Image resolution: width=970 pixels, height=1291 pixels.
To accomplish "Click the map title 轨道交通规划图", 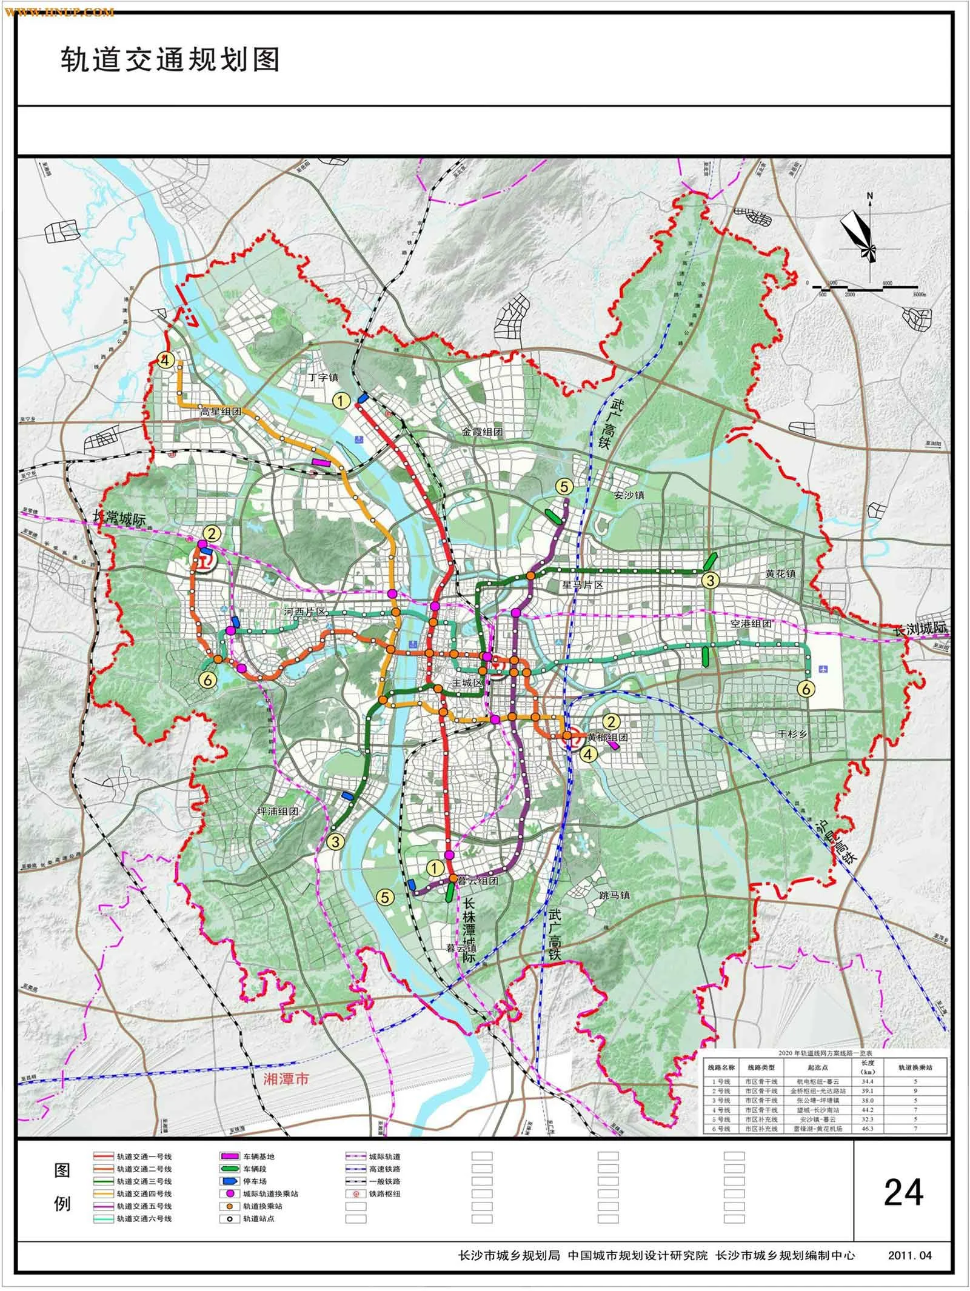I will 170,61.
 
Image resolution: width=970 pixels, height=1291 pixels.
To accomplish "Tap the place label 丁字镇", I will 323,377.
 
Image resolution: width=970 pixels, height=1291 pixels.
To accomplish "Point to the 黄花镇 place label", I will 781,573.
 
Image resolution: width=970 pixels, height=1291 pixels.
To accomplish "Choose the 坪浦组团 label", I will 278,812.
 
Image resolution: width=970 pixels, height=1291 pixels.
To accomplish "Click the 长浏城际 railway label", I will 921,629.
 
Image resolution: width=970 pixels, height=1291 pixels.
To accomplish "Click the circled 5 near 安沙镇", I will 564,486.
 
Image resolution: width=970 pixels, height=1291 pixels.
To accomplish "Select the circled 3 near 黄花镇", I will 709,580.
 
